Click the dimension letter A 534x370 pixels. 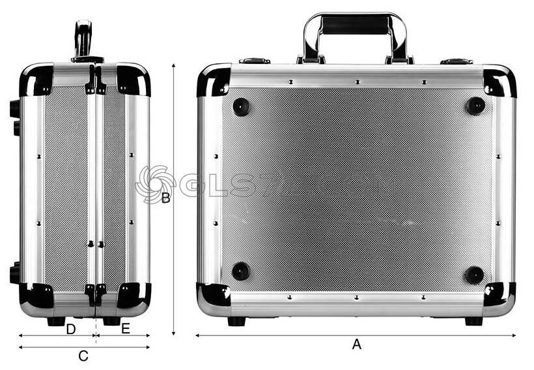[x=356, y=345]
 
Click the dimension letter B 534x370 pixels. [x=166, y=198]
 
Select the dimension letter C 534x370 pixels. [x=83, y=356]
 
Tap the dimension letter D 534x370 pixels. [x=71, y=330]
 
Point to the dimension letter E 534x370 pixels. [x=126, y=330]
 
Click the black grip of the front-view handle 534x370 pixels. [x=355, y=25]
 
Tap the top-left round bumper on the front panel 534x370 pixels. [x=241, y=106]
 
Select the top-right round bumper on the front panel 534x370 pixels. [x=475, y=105]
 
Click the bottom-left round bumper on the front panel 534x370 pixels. [x=241, y=270]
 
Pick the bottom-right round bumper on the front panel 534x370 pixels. [x=475, y=275]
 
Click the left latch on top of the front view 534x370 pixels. [x=255, y=61]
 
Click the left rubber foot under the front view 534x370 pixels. [x=236, y=321]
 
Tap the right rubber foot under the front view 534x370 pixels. [x=473, y=321]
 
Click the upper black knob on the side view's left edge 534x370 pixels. [x=15, y=109]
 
